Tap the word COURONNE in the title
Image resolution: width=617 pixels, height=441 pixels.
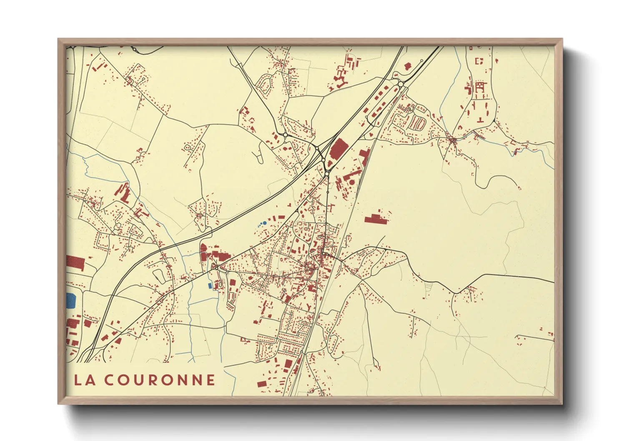[160, 380]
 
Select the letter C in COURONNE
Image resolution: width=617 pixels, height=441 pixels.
[109, 380]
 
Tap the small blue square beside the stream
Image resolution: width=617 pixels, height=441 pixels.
[210, 286]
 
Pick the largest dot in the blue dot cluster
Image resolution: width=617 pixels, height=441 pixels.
[264, 223]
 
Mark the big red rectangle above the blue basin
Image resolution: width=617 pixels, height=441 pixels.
[75, 263]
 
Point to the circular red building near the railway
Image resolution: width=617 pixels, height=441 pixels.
[351, 182]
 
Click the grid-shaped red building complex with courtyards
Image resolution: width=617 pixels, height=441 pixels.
[480, 87]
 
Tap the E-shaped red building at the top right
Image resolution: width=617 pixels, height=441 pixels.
[479, 61]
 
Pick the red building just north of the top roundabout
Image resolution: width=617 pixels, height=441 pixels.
[408, 66]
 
